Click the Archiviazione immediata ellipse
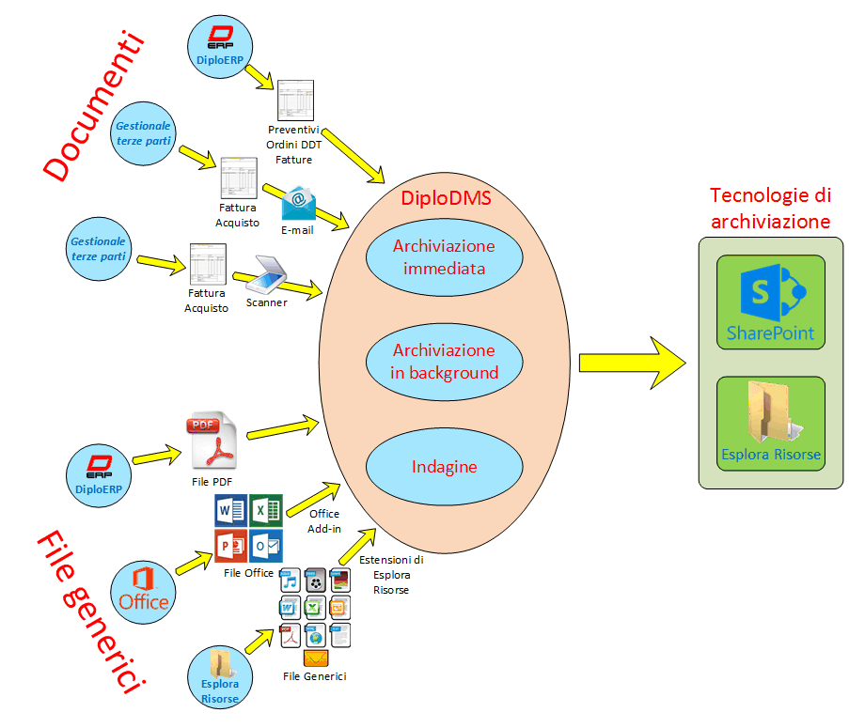click(x=445, y=256)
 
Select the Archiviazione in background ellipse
click(x=445, y=362)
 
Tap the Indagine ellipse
click(x=445, y=467)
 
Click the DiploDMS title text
click(x=446, y=199)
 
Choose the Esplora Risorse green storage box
click(x=770, y=424)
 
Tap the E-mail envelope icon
click(x=298, y=203)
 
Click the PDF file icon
click(x=214, y=440)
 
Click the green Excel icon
click(x=266, y=511)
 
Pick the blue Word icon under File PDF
click(x=231, y=511)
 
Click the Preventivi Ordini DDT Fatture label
click(x=294, y=145)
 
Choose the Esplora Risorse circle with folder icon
click(x=219, y=675)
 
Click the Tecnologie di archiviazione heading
click(x=770, y=209)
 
